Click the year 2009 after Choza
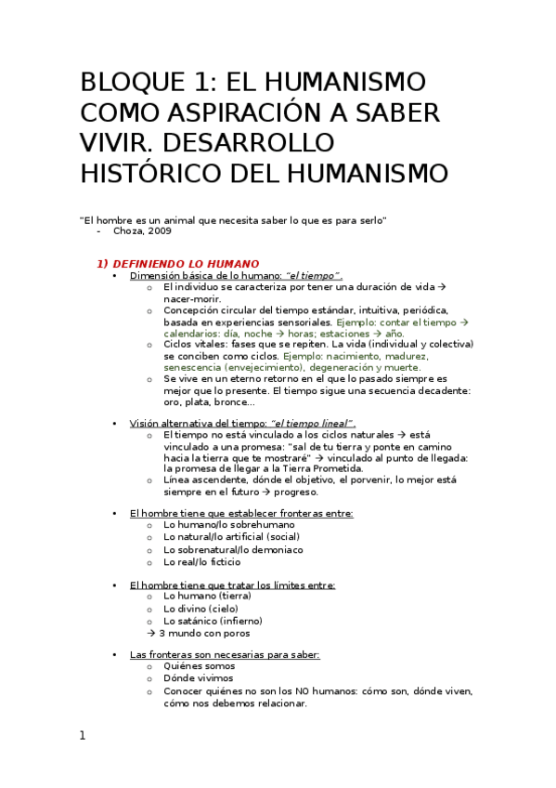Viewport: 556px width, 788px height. coord(157,230)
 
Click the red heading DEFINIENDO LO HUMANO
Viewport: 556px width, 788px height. coord(186,263)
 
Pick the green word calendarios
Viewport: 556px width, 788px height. coord(194,333)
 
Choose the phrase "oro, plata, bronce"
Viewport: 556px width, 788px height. coord(210,401)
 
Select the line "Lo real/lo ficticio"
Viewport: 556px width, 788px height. coord(201,561)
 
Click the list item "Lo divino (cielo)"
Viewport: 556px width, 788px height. coord(200,609)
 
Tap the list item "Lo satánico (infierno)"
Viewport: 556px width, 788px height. coord(213,621)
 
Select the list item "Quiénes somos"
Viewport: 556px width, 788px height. coord(199,666)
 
